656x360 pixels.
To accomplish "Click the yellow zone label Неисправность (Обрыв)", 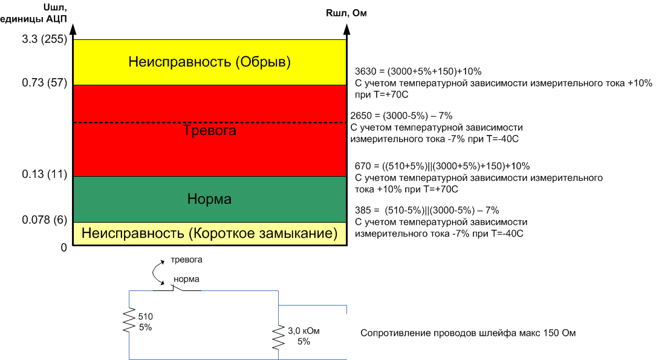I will [x=209, y=62].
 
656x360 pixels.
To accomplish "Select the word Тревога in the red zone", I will [x=209, y=130].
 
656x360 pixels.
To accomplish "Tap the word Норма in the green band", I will [x=209, y=199].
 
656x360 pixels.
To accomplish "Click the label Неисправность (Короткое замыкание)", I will [x=209, y=233].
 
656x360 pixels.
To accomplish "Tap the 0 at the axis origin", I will [x=63, y=247].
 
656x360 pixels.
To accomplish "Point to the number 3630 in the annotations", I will [x=365, y=71].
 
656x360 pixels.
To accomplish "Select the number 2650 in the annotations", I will [x=361, y=116].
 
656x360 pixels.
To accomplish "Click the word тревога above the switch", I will [x=186, y=260].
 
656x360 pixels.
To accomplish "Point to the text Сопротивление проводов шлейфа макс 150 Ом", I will [x=472, y=333].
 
